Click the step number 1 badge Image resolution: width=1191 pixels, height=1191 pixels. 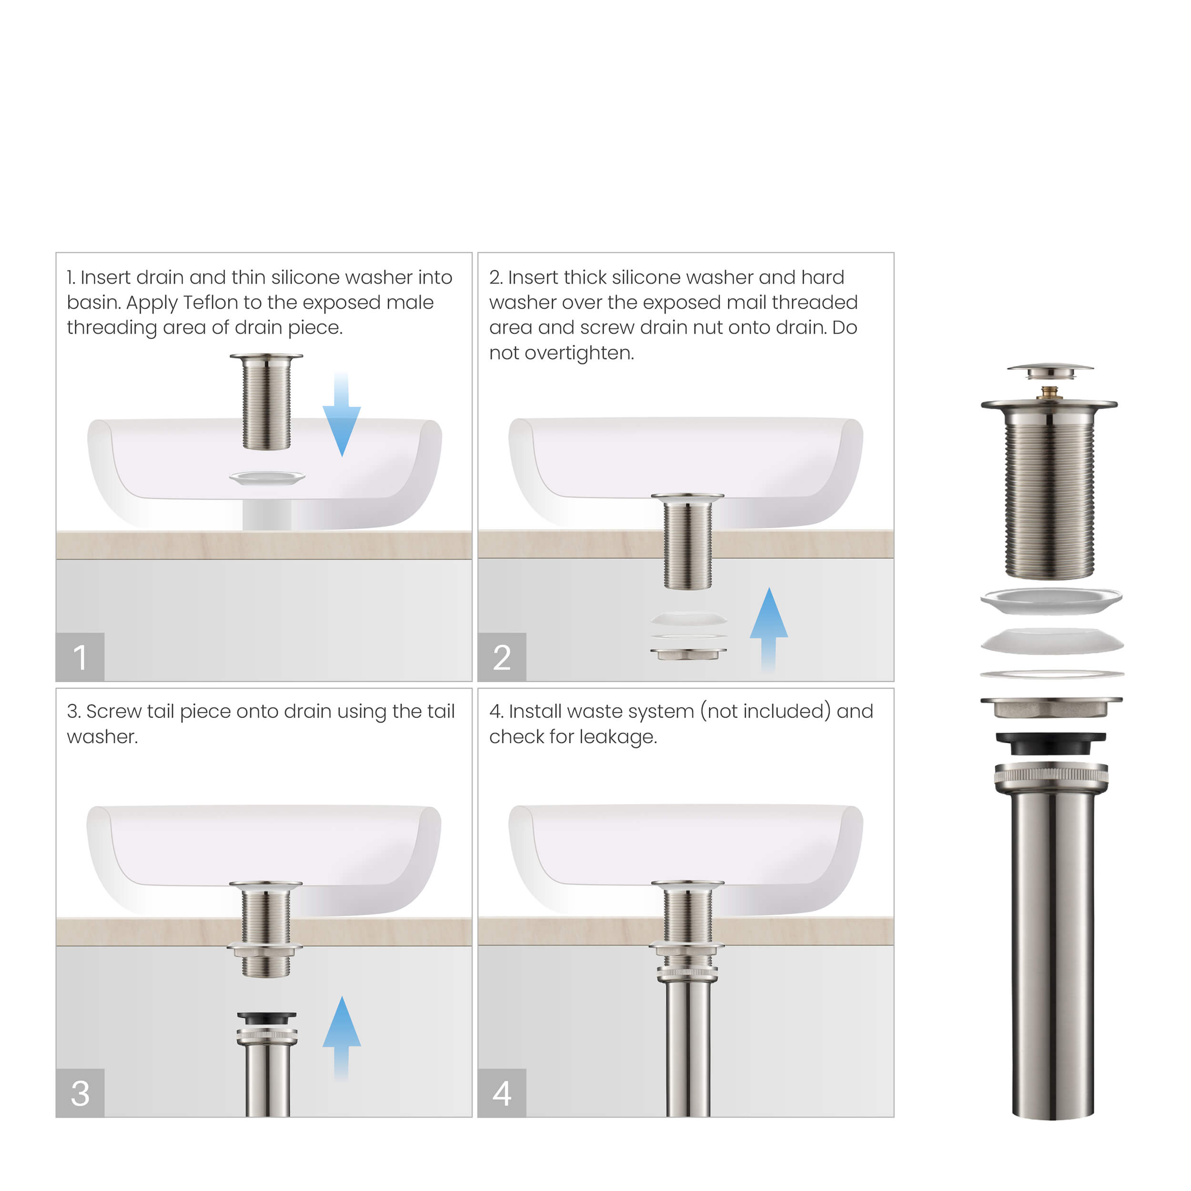click(x=80, y=656)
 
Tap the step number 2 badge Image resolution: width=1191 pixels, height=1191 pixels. click(x=502, y=656)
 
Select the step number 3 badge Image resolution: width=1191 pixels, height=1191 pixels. click(x=80, y=1092)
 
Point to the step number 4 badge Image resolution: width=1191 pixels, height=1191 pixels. click(x=502, y=1092)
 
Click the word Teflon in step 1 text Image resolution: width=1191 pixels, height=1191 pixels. click(x=210, y=303)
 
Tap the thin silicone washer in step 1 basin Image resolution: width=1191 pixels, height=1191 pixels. click(x=267, y=478)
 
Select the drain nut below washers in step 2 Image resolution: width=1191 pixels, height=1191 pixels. click(x=688, y=654)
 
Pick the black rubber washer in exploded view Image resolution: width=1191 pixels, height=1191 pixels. click(x=1050, y=742)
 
